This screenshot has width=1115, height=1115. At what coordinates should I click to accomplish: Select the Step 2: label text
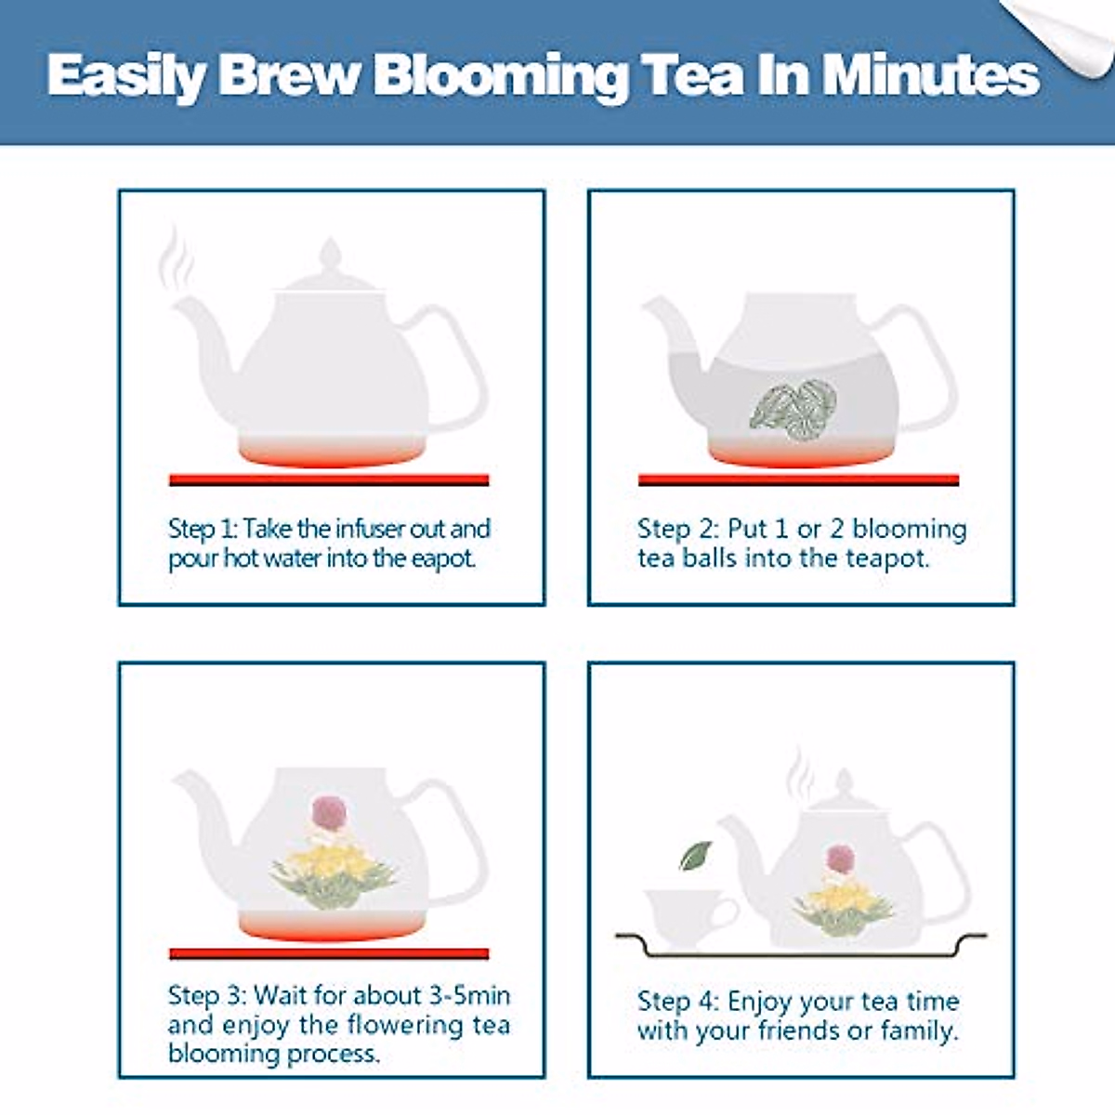click(x=678, y=530)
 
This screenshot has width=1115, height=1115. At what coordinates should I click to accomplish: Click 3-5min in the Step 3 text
click(x=469, y=995)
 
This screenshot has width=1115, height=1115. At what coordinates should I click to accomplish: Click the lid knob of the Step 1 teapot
click(x=330, y=254)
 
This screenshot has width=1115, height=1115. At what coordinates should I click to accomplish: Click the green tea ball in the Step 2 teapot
click(x=794, y=410)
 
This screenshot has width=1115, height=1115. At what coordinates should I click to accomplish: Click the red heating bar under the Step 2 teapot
click(x=798, y=480)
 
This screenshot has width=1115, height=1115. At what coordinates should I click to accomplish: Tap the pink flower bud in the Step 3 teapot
click(x=329, y=814)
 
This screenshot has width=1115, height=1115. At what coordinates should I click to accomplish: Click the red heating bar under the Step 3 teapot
click(x=329, y=953)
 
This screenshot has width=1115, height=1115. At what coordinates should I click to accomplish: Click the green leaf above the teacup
click(x=695, y=856)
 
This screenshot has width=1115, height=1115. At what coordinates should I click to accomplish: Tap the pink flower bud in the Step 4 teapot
click(x=840, y=860)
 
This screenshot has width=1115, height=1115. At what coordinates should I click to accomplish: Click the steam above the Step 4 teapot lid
click(x=800, y=777)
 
